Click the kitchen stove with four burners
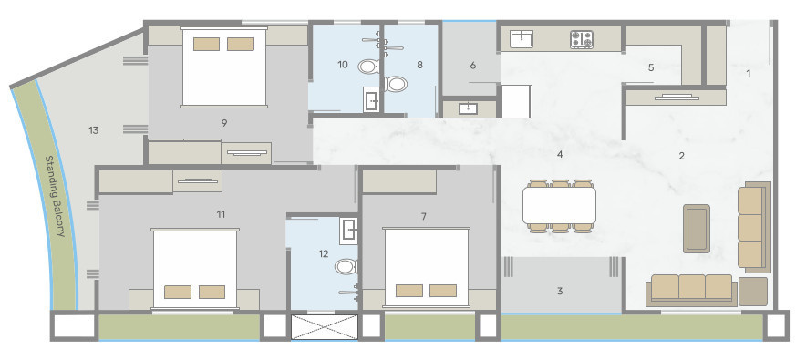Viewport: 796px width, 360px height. [582, 39]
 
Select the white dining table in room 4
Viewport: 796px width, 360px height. [559, 205]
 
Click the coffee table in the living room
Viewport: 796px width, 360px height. [698, 228]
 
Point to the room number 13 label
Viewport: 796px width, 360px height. [93, 130]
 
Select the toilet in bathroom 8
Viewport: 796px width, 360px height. [396, 85]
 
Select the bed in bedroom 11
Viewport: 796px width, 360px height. [194, 271]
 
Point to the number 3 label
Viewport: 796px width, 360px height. [559, 291]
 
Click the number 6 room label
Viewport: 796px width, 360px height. [472, 66]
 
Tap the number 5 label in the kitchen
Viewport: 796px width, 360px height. [650, 67]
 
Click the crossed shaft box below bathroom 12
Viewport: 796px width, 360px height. [324, 326]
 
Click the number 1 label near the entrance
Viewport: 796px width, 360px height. [749, 73]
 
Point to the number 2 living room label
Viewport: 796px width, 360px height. [681, 156]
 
